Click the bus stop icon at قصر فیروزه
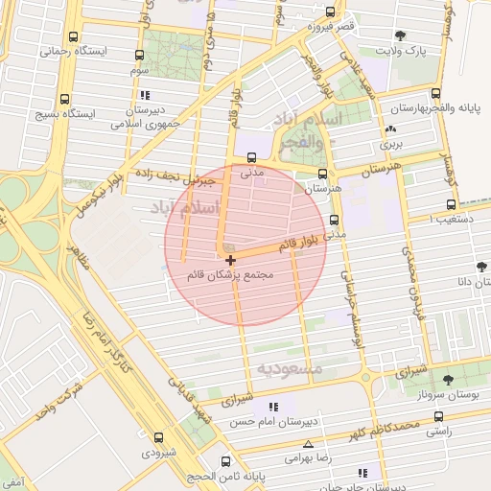(331, 12)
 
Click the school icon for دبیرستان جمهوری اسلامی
(145, 96)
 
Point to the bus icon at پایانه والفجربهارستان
(436, 94)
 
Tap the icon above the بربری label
(389, 130)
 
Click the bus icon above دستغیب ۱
(451, 205)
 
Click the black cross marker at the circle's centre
(230, 260)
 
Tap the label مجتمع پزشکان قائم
(231, 275)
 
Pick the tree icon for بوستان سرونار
(449, 381)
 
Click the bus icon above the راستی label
(438, 417)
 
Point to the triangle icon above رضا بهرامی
(308, 444)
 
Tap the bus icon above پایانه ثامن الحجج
(225, 460)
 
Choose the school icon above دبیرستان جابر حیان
(362, 473)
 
